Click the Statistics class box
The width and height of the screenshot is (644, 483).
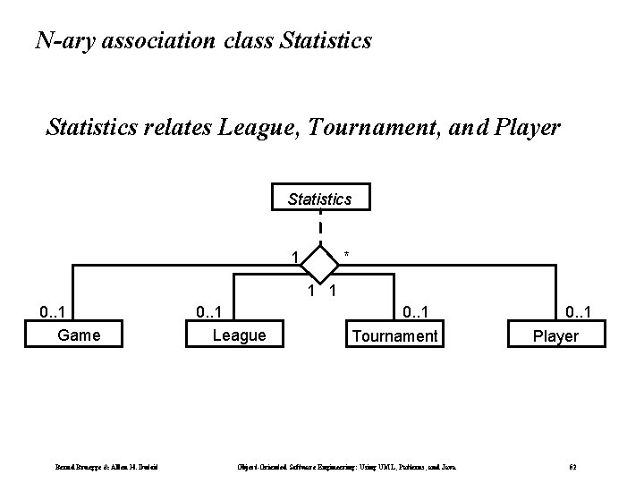319,199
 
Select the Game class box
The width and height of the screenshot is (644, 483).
79,335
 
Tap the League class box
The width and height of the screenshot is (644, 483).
238,335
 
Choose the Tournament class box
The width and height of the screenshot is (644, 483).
395,335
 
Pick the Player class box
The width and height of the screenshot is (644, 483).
555,335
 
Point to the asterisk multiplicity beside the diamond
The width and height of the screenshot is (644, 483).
347,258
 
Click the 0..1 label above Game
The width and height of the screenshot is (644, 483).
56,312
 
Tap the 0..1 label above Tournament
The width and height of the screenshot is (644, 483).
420,312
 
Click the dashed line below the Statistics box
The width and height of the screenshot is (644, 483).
320,226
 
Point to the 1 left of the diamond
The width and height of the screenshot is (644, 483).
295,258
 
